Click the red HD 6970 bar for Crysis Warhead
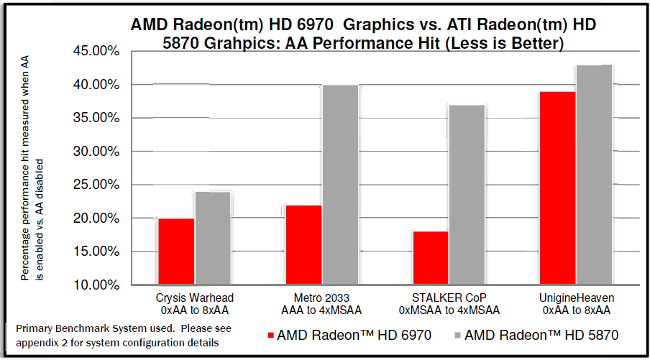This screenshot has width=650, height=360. coord(176,251)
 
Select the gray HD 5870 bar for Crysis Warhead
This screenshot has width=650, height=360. coord(213,238)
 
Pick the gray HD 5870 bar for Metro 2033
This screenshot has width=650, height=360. coord(341,185)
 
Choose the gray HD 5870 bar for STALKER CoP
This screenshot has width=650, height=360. coord(468,195)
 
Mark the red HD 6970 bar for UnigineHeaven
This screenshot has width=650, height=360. coord(559,188)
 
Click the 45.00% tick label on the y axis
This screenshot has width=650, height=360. coord(97,52)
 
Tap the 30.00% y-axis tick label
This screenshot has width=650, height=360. coord(97,152)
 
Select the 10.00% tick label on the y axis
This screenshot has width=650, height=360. coord(97,285)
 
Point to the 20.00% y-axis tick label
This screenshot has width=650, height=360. coord(97,218)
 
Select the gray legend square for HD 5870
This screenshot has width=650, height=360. coord(457,335)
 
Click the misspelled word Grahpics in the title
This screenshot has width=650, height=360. coord(238,43)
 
